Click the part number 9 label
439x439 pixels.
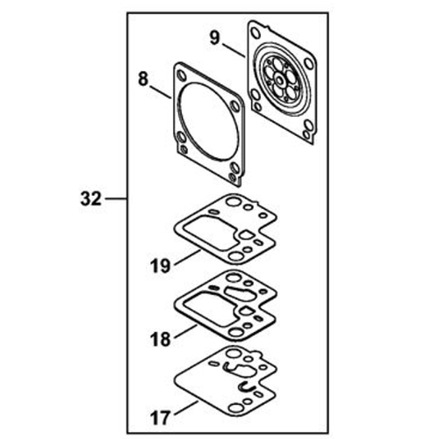(214, 39)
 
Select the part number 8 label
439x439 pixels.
(143, 79)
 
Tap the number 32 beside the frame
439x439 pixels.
(91, 199)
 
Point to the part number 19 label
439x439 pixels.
(161, 266)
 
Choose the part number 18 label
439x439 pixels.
(161, 340)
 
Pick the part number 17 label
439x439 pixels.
(161, 417)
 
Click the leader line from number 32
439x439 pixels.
(116, 199)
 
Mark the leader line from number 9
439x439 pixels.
(234, 50)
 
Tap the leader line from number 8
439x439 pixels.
(161, 92)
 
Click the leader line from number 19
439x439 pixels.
(187, 257)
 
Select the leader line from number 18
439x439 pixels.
(185, 332)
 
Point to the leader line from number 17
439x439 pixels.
(186, 408)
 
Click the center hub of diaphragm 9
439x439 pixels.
(279, 79)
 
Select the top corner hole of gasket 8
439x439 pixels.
(182, 76)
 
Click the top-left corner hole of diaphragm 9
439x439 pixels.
(255, 33)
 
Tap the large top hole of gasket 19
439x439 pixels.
(234, 201)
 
